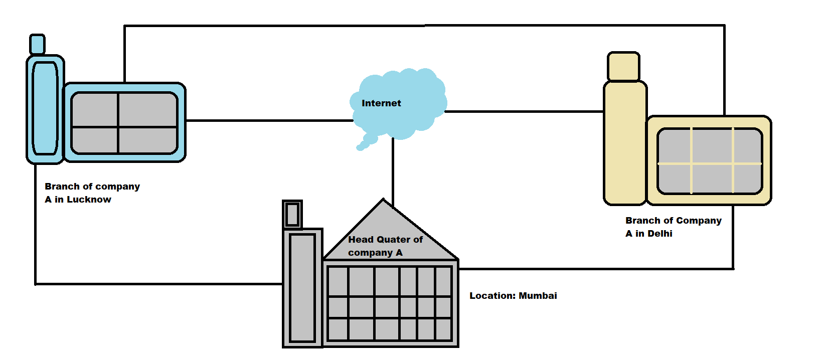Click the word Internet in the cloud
[381, 103]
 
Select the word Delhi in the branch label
[659, 234]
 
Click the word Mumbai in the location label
[538, 296]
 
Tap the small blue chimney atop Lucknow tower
[37, 44]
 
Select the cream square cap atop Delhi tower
[623, 66]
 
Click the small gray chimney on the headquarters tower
[292, 215]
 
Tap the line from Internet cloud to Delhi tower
[524, 111]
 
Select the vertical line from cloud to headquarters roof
[393, 170]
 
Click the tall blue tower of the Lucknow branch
[45, 109]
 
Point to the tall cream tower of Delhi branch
[625, 143]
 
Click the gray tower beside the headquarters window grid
[302, 288]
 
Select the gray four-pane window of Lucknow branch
[124, 123]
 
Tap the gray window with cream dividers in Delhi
[710, 161]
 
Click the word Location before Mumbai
[491, 296]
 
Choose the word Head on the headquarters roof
[361, 240]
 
